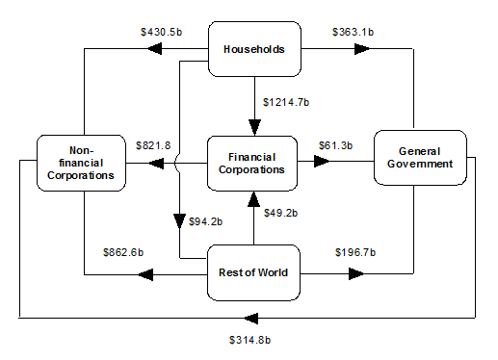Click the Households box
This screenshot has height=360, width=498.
pyautogui.click(x=254, y=48)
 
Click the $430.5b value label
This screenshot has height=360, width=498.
pyautogui.click(x=161, y=32)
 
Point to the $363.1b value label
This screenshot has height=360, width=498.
pyautogui.click(x=352, y=32)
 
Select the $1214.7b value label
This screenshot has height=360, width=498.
pyautogui.click(x=286, y=100)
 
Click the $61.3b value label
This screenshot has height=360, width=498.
pyautogui.click(x=335, y=144)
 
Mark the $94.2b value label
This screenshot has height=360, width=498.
pyautogui.click(x=203, y=221)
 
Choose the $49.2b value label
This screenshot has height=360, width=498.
pyautogui.click(x=281, y=214)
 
